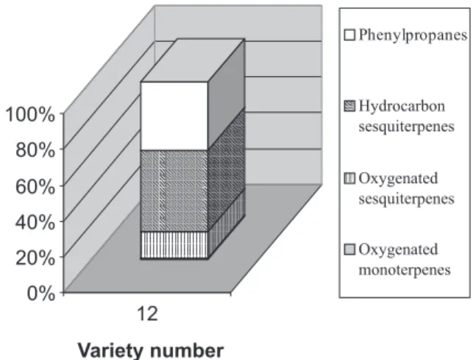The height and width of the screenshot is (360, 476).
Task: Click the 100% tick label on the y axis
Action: (30, 115)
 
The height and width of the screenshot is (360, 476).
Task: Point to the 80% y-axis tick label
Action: (35, 150)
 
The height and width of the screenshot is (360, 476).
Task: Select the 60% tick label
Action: (35, 186)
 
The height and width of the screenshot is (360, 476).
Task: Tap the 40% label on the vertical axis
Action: (35, 222)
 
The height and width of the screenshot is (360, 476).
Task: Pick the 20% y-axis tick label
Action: (35, 258)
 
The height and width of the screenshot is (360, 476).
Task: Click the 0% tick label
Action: (41, 294)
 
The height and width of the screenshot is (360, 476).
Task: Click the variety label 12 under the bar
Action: (148, 314)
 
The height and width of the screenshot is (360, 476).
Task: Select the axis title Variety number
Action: (151, 350)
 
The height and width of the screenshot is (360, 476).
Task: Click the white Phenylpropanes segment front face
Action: (174, 116)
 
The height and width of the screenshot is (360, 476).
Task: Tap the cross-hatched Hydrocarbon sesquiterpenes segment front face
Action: (174, 191)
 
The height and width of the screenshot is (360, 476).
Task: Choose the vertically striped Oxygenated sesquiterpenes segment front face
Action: (174, 245)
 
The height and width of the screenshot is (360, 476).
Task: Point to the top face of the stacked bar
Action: (193, 60)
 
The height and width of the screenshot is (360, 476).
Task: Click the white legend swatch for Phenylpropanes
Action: (349, 35)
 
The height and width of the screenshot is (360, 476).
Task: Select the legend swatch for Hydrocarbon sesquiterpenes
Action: (349, 106)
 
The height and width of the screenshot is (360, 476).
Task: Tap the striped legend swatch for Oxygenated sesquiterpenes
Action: (349, 178)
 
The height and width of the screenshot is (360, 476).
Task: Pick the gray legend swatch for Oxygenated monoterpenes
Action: (349, 250)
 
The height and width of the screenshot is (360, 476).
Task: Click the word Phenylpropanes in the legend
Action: (413, 35)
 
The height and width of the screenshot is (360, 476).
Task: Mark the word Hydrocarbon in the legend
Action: (402, 106)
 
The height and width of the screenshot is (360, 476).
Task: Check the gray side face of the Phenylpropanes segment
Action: (226, 95)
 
